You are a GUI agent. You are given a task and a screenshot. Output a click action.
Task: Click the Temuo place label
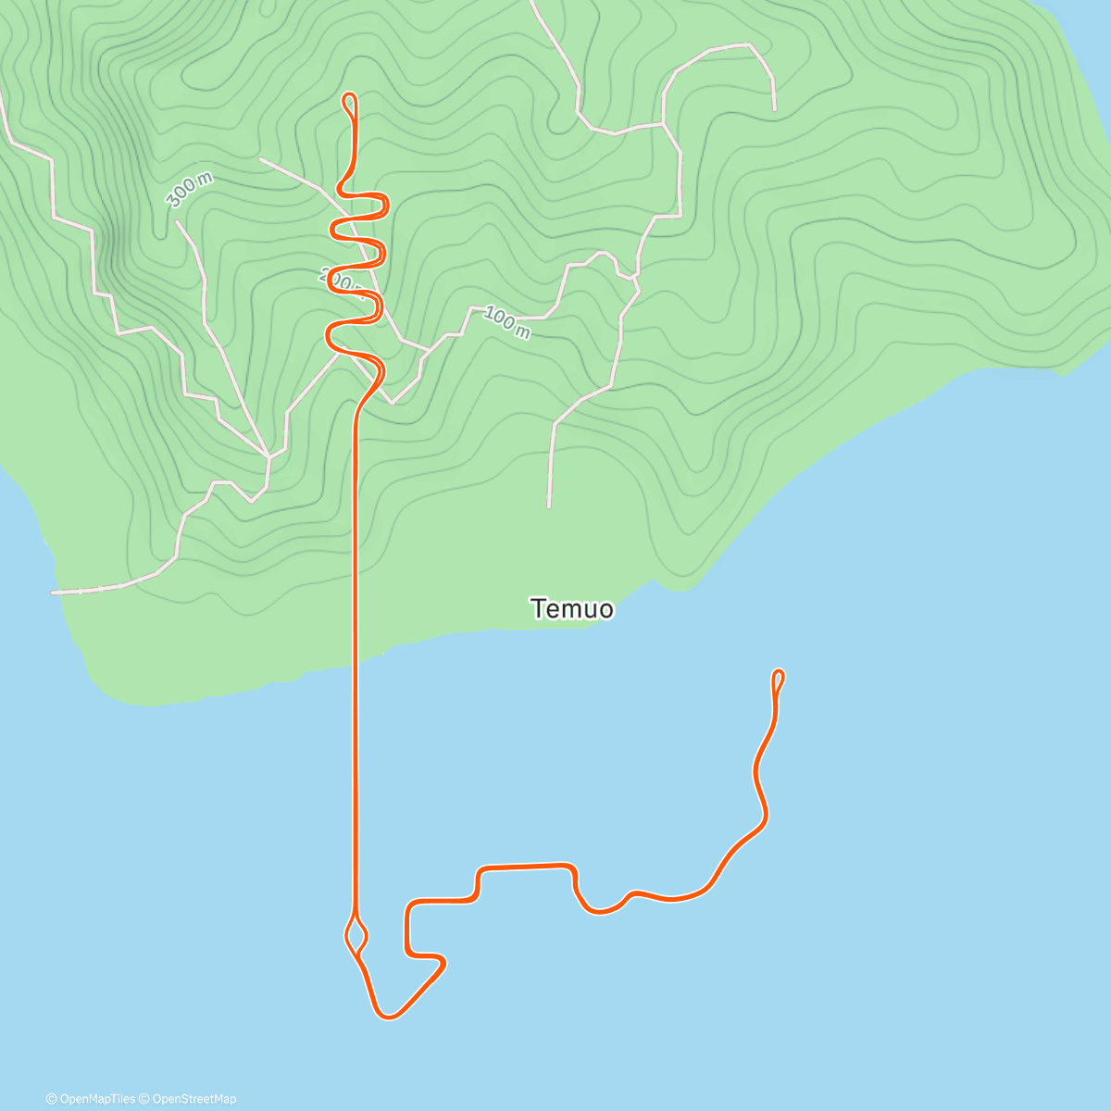(x=572, y=609)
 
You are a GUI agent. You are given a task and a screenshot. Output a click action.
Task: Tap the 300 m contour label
(x=189, y=191)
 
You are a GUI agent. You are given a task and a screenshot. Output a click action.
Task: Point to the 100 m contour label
(x=506, y=323)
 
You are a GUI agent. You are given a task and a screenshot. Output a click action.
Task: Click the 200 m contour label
(x=339, y=278)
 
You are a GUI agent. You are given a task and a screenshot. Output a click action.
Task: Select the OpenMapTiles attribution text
(x=91, y=1099)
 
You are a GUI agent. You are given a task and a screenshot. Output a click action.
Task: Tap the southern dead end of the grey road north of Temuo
(x=549, y=506)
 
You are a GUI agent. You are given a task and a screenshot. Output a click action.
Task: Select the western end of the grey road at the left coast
(x=54, y=592)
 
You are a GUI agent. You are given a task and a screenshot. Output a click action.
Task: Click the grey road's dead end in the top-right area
(x=774, y=108)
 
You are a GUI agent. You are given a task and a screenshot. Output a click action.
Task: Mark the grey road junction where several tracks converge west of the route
(x=268, y=456)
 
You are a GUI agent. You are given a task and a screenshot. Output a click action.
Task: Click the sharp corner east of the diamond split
(x=443, y=963)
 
